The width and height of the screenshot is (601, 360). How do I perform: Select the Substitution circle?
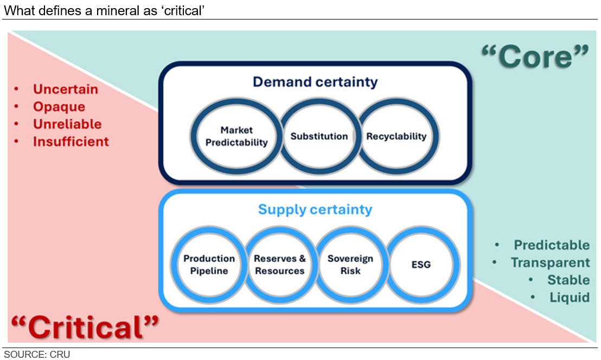pyautogui.click(x=319, y=136)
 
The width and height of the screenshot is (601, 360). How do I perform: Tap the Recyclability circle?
pyautogui.click(x=397, y=136)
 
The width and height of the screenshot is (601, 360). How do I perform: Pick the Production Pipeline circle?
pyautogui.click(x=209, y=265)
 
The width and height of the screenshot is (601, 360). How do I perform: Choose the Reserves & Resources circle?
pyautogui.click(x=280, y=265)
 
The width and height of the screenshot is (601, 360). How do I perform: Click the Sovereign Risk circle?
pyautogui.click(x=350, y=265)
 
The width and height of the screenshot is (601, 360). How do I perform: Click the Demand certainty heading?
pyautogui.click(x=315, y=82)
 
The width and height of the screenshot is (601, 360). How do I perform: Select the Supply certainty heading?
pyautogui.click(x=315, y=209)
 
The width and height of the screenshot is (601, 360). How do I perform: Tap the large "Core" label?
pyautogui.click(x=534, y=56)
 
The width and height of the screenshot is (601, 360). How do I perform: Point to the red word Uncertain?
pyautogui.click(x=66, y=89)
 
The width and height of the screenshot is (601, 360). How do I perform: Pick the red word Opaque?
pyautogui.click(x=59, y=106)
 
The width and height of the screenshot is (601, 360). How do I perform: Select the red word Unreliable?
pyautogui.click(x=67, y=124)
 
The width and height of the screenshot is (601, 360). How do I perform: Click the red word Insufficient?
pyautogui.click(x=71, y=142)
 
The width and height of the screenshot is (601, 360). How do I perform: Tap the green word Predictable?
pyautogui.click(x=552, y=245)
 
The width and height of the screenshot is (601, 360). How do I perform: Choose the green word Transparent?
pyautogui.click(x=550, y=262)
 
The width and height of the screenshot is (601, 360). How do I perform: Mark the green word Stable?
pyautogui.click(x=568, y=280)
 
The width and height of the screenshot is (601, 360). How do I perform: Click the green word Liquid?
pyautogui.click(x=569, y=297)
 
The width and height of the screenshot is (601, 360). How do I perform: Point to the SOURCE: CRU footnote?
pyautogui.click(x=37, y=355)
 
